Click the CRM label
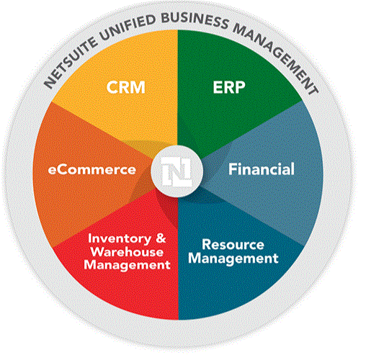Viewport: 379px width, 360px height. click(125, 87)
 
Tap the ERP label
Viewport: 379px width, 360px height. click(229, 87)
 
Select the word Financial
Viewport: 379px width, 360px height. click(262, 169)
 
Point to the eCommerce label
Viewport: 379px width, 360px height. click(92, 169)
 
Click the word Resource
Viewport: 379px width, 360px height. click(233, 244)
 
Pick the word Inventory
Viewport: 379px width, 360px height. click(120, 239)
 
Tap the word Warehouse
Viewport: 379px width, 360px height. click(127, 252)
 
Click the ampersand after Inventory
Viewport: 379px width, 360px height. click(161, 238)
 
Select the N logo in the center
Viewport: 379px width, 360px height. click(177, 171)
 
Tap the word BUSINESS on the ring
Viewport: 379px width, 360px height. click(195, 20)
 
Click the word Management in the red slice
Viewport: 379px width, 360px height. click(127, 266)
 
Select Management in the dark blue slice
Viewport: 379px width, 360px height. click(233, 258)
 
